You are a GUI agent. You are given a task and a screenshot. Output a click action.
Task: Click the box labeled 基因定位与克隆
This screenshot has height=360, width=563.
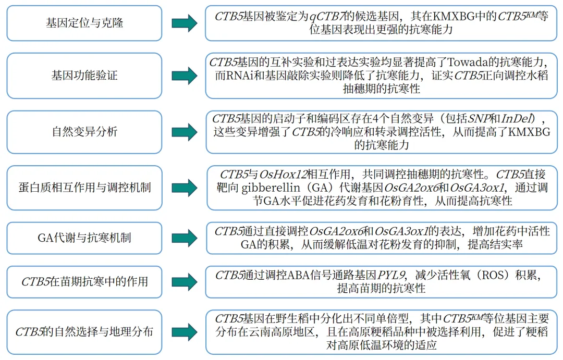(84, 23)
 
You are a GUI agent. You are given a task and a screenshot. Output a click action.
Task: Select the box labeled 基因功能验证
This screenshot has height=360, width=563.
(84, 76)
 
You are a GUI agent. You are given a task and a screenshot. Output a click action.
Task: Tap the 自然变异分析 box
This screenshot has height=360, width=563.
(84, 132)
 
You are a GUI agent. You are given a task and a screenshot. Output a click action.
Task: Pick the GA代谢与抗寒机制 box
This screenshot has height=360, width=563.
(84, 238)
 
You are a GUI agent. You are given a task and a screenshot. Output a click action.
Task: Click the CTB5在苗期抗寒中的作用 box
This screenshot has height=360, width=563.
(84, 282)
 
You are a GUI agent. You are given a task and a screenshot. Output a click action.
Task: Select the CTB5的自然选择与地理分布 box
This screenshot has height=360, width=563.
(84, 332)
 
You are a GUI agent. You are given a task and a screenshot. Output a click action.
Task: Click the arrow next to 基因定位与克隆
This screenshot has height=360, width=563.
(185, 23)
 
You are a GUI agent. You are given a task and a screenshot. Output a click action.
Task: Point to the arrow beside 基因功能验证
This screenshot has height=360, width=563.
(185, 76)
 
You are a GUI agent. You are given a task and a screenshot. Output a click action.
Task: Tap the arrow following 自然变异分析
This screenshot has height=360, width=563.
(185, 132)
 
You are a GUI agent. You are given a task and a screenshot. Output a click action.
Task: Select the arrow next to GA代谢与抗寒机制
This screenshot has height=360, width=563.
(185, 238)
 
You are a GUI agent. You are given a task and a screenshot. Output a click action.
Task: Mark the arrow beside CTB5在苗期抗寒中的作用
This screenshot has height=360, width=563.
(185, 282)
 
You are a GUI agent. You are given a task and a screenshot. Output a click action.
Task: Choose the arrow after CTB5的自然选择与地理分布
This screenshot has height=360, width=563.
(185, 332)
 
